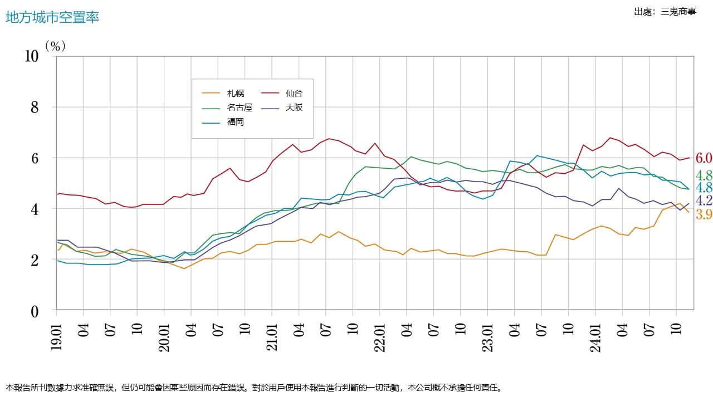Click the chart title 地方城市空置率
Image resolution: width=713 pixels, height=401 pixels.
pyautogui.click(x=52, y=17)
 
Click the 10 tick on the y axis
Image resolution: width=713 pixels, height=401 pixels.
pyautogui.click(x=32, y=56)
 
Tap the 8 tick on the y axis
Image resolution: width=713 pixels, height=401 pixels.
pyautogui.click(x=35, y=107)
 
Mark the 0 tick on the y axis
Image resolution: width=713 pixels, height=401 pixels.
pyautogui.click(x=35, y=311)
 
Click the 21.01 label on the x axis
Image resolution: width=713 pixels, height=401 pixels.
pyautogui.click(x=272, y=335)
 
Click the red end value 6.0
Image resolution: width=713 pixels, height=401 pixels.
pyautogui.click(x=704, y=159)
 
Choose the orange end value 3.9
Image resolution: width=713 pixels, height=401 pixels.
pyautogui.click(x=704, y=215)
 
